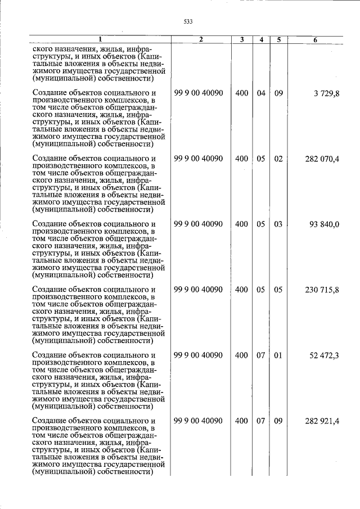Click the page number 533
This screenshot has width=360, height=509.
pos(188,22)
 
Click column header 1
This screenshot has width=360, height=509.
pos(100,40)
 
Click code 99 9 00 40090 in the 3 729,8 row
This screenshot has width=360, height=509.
pos(199,93)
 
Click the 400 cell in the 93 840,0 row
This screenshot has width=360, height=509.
pos(241,224)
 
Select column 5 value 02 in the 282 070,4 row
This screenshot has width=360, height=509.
pos(278,159)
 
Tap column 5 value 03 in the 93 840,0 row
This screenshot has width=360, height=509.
pos(278,224)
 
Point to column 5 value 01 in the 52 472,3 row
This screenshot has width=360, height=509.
pos(278,355)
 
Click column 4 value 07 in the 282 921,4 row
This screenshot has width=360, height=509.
pos(261,421)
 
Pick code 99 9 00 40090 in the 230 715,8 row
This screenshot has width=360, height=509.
pos(199,290)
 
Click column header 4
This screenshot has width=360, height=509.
pos(261,40)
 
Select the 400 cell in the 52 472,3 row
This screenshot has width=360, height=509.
pos(241,355)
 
